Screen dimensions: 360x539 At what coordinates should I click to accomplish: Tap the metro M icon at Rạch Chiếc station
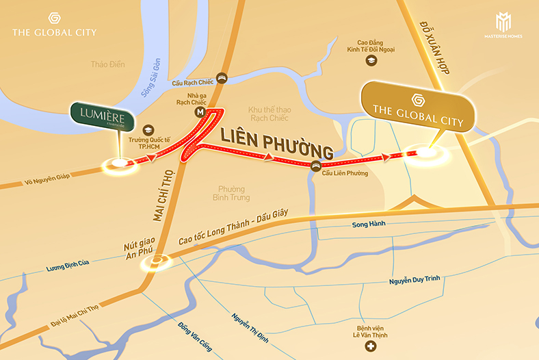[x=200, y=111]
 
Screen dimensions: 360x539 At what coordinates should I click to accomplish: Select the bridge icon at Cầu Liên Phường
[x=315, y=165]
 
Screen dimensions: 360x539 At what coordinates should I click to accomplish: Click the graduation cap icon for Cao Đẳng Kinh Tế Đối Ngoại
[x=371, y=61]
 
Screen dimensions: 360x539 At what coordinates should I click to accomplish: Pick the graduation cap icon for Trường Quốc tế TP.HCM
[x=147, y=129]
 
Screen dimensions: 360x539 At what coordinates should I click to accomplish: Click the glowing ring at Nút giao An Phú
[x=159, y=260]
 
